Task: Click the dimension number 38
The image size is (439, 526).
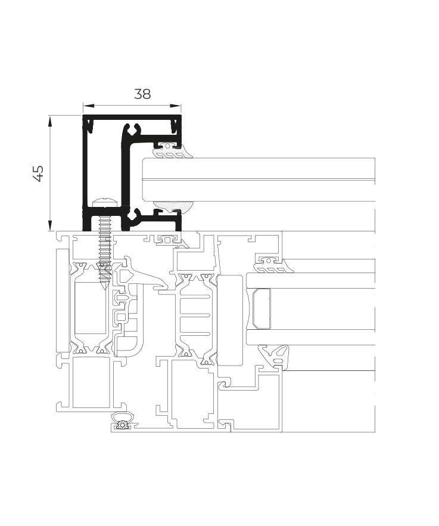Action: (142, 94)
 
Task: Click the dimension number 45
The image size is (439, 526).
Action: (39, 174)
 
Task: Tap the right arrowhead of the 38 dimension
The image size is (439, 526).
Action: (176, 106)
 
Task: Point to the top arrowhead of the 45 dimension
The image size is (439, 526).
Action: (50, 120)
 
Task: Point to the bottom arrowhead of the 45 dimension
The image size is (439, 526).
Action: (50, 225)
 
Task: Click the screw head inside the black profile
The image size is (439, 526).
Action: (105, 203)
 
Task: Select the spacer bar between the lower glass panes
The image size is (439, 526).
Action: (261, 309)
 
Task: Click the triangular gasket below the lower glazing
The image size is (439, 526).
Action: (274, 355)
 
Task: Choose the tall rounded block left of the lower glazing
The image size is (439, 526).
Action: (229, 320)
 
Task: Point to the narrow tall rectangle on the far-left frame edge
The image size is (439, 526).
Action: (63, 300)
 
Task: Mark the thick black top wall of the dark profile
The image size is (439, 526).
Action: (132, 117)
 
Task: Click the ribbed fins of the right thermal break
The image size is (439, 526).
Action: (195, 315)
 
